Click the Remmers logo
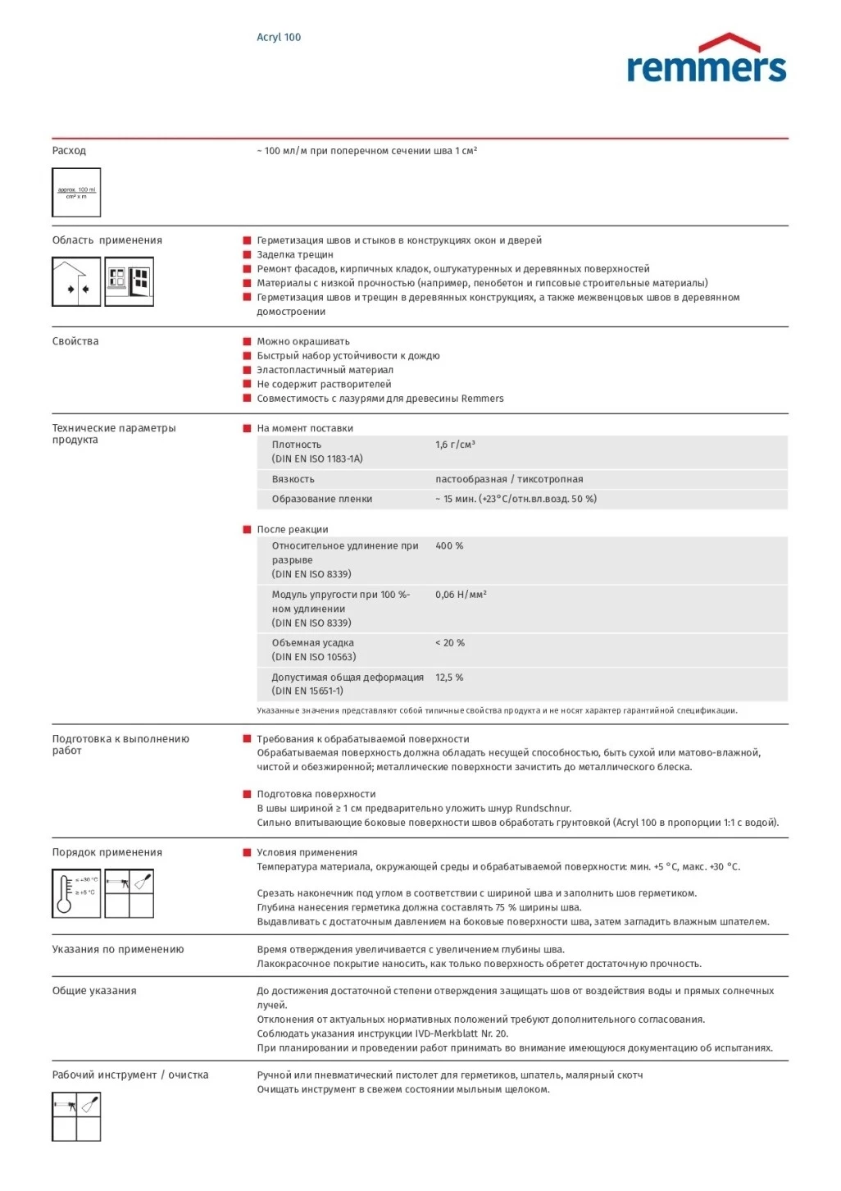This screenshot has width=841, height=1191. click(x=706, y=59)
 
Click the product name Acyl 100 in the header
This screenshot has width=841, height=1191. click(x=279, y=37)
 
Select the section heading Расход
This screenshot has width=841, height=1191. click(x=69, y=150)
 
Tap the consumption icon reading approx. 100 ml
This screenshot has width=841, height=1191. click(x=76, y=193)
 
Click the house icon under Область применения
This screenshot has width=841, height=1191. click(x=76, y=281)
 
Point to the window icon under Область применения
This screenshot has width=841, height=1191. click(x=130, y=281)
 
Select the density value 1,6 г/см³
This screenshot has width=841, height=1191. click(x=455, y=445)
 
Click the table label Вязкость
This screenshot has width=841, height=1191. click(x=293, y=479)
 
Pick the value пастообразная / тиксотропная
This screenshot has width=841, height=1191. click(x=509, y=479)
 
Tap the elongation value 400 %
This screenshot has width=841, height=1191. click(x=449, y=545)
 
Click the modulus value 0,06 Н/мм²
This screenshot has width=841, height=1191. click(x=461, y=595)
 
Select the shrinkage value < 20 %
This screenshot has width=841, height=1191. click(x=449, y=643)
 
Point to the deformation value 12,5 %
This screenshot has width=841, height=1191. click(x=449, y=678)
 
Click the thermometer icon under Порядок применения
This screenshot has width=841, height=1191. click(x=76, y=893)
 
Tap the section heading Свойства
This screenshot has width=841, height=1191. click(x=75, y=341)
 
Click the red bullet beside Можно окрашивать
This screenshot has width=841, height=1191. click(x=247, y=341)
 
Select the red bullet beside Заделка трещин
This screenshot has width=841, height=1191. click(x=247, y=254)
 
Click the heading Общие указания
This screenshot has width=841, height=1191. click(x=94, y=991)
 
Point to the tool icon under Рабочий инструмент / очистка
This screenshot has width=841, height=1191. click(x=76, y=1116)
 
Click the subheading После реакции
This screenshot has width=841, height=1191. click(x=292, y=529)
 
